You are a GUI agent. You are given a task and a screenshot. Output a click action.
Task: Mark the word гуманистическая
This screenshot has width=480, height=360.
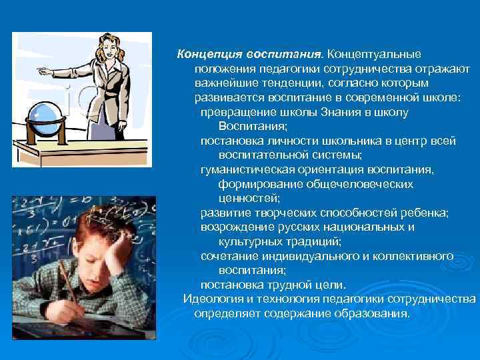(251, 169)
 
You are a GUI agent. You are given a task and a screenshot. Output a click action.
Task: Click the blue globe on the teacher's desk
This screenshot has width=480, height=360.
(43, 112)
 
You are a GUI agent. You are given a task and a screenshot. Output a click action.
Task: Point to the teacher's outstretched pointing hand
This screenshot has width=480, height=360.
(42, 69)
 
